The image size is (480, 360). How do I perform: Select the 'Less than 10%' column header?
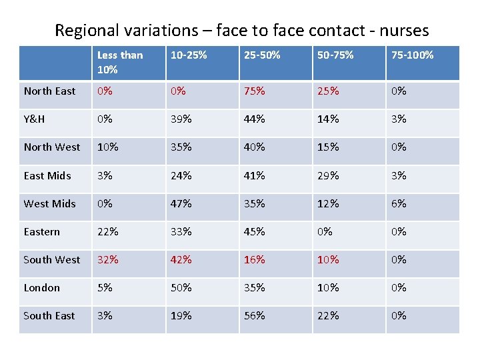click(120, 62)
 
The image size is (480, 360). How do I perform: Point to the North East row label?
click(49, 91)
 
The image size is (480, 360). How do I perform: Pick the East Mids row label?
click(47, 175)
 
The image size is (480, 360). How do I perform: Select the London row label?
click(41, 287)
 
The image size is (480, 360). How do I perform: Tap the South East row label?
click(49, 315)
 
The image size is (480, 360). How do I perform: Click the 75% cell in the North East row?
click(254, 91)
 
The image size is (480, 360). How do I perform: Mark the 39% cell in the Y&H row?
click(181, 119)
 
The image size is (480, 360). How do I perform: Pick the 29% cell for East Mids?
click(328, 175)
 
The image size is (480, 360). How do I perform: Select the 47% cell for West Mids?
click(181, 203)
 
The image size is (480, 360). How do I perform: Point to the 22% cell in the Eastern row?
click(107, 231)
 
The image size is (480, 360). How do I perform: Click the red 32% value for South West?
click(107, 259)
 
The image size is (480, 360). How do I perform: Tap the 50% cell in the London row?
click(181, 287)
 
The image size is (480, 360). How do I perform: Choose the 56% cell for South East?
click(254, 315)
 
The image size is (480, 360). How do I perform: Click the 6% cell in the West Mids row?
click(399, 203)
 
